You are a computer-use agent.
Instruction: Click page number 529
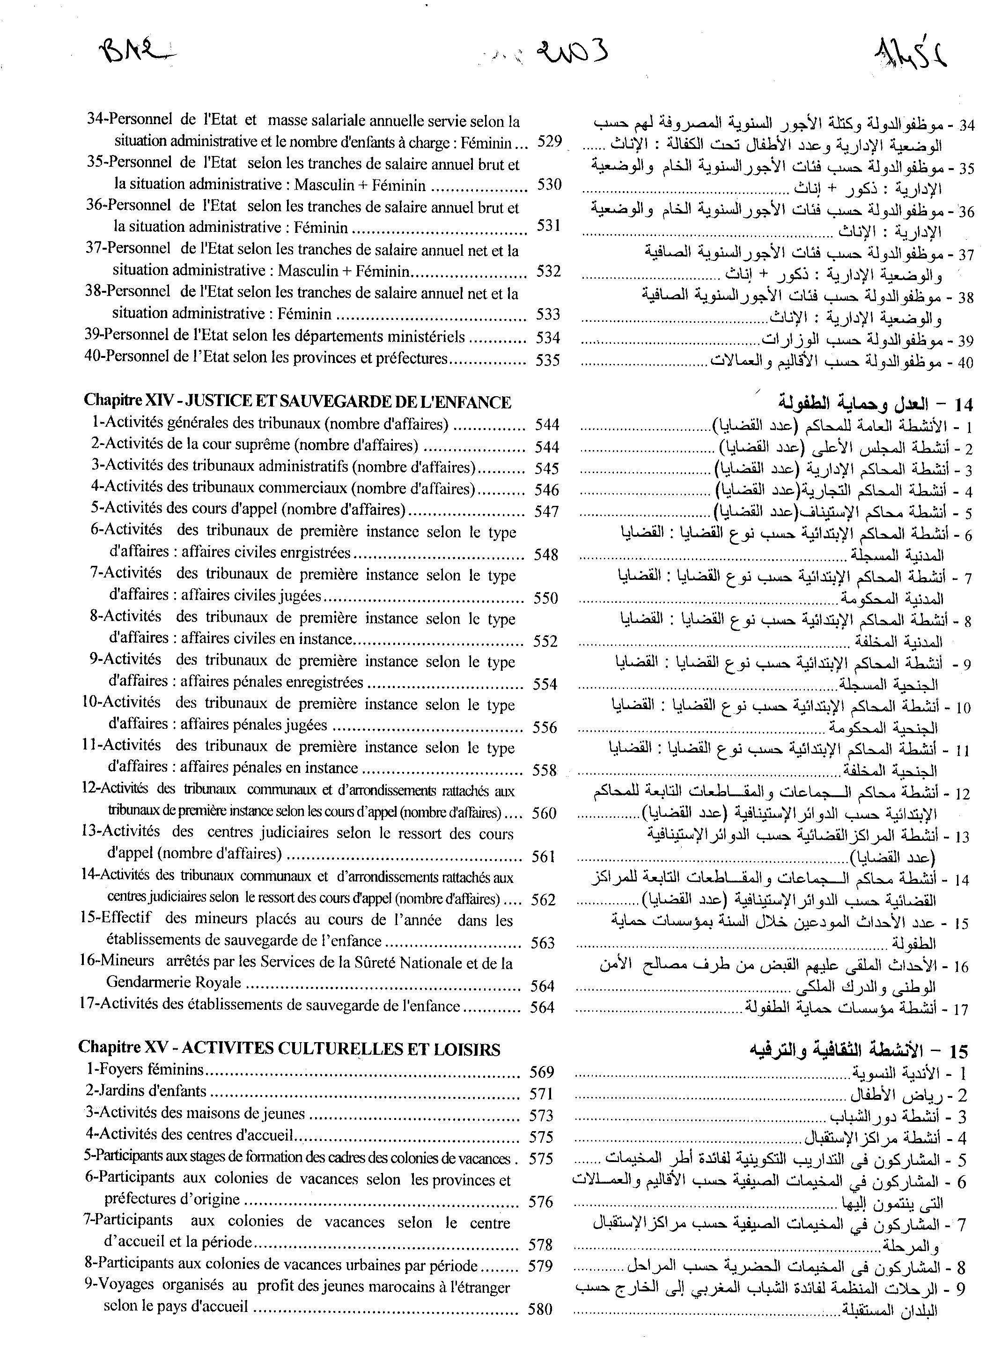(x=549, y=142)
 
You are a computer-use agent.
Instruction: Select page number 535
(x=547, y=360)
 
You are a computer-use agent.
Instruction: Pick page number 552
(x=545, y=641)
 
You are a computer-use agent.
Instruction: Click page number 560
(x=544, y=814)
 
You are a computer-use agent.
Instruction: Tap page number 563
(x=543, y=943)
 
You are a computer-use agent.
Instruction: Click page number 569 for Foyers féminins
(x=542, y=1072)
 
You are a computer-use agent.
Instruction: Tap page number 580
(x=540, y=1309)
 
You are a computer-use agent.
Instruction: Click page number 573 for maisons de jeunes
(x=541, y=1115)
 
